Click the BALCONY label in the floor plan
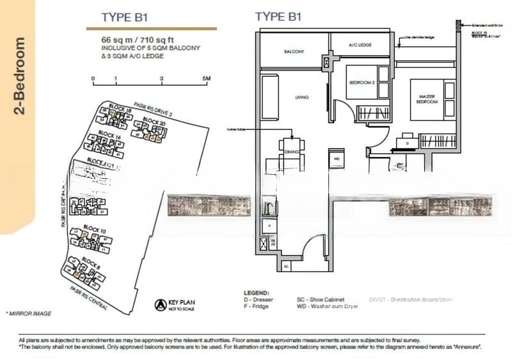pos(294,51)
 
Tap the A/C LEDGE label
pos(360,45)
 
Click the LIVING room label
pos(302,97)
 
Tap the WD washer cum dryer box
pos(335,157)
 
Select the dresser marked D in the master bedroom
pos(408,143)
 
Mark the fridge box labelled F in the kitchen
pos(269,226)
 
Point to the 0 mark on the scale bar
pos(93,79)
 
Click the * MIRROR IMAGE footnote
pos(28,314)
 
